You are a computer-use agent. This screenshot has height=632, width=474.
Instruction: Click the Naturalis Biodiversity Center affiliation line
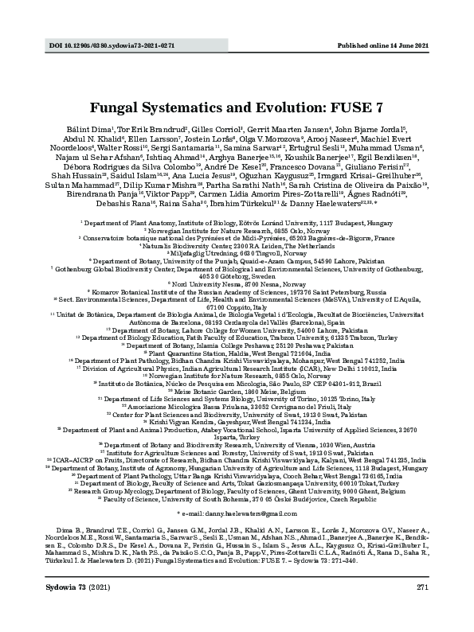click(237, 245)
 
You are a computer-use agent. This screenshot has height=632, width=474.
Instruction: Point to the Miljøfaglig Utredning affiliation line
click(237, 252)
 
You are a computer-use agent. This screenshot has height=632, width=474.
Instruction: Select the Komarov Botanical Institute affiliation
click(237, 291)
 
